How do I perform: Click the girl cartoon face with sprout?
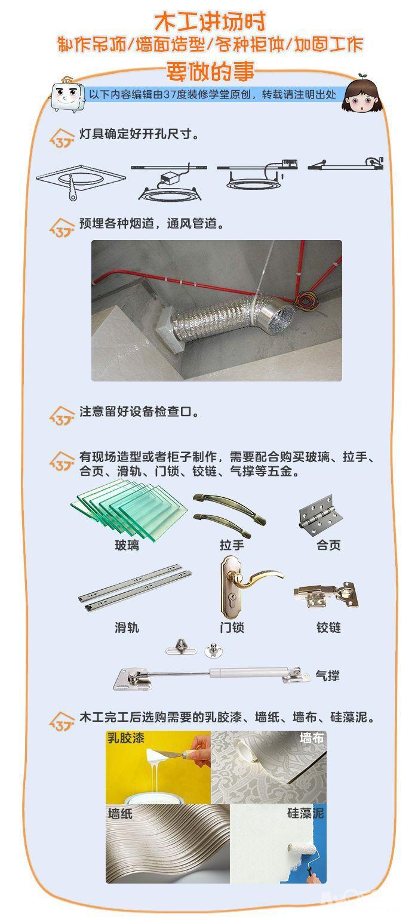tap(362, 96)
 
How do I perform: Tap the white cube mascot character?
tap(67, 95)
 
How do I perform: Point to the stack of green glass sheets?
tap(129, 509)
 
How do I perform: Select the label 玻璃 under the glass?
tap(127, 545)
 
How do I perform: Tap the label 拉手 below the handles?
tap(232, 545)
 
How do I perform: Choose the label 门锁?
tap(232, 627)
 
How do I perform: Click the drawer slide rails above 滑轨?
tap(135, 587)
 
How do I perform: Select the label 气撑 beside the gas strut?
tap(328, 676)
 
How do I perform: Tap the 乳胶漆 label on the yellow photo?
tap(126, 738)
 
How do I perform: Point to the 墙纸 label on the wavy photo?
tap(120, 813)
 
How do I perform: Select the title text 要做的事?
tap(210, 71)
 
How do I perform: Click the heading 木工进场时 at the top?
tap(210, 21)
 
